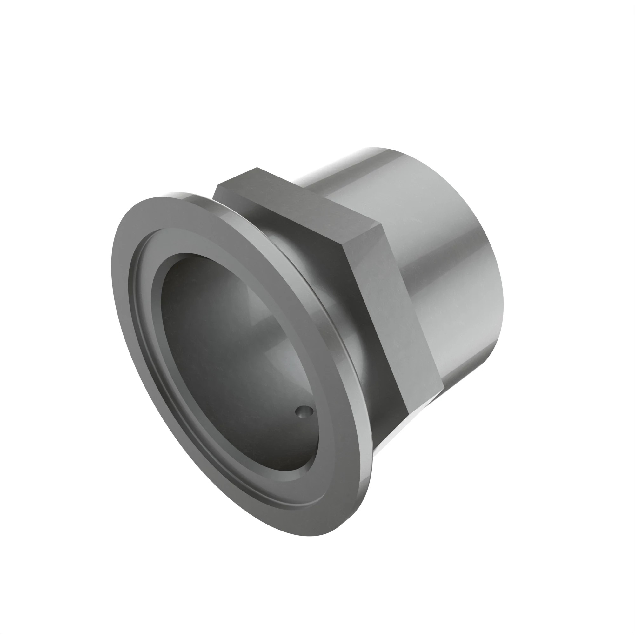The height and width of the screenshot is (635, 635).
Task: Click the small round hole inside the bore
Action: pyautogui.click(x=304, y=411)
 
